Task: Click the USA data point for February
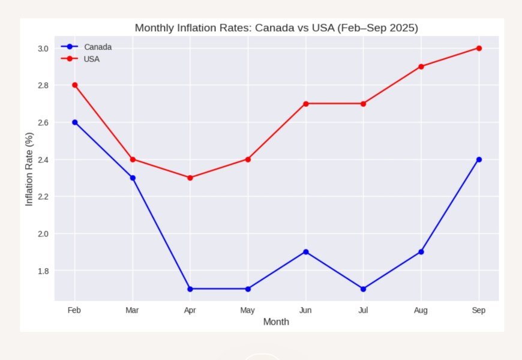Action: pos(75,85)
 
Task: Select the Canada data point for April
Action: pos(190,289)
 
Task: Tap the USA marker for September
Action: pos(479,48)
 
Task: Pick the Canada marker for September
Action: pos(479,160)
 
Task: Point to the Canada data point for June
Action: pos(306,252)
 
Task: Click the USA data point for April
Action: pos(190,178)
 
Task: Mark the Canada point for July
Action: pos(364,289)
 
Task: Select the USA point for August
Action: pos(421,67)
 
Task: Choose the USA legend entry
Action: pos(91,59)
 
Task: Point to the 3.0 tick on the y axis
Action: pos(43,48)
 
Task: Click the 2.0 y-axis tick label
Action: pos(43,233)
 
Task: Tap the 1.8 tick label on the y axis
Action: pos(43,271)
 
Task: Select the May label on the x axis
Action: pos(248,310)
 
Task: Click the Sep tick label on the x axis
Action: pos(479,310)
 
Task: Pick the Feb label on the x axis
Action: pos(75,310)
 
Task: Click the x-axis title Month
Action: pos(276,322)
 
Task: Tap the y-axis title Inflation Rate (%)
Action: pos(29,169)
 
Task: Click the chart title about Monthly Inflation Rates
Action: pos(276,28)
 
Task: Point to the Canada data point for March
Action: pos(133,178)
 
